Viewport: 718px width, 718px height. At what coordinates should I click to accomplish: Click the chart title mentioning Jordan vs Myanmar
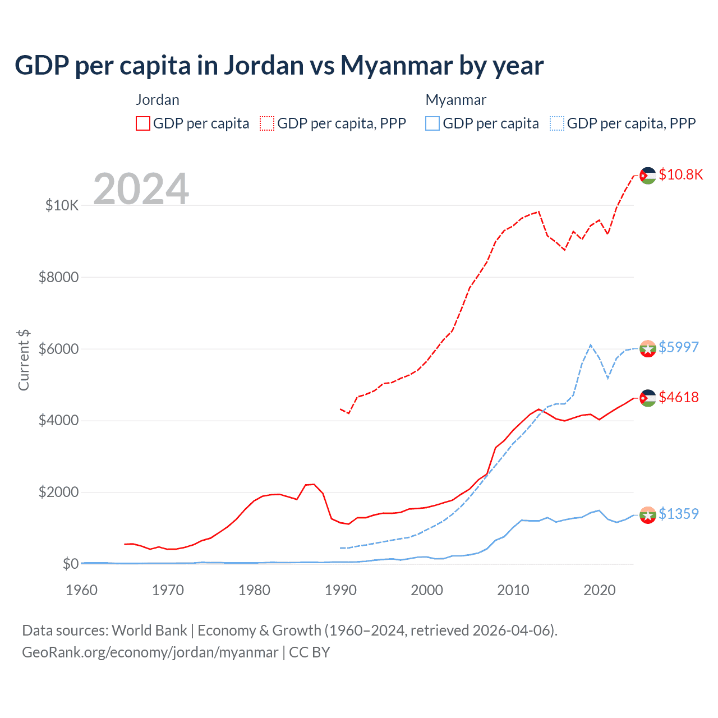[x=279, y=66]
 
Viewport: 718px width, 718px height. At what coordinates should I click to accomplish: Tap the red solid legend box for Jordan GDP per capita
[x=143, y=123]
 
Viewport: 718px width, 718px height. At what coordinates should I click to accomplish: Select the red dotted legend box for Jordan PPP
[x=267, y=123]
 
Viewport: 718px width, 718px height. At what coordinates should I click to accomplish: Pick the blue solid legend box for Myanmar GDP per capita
[x=432, y=123]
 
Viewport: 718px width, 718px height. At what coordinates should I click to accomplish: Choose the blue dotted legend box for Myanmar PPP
[x=557, y=123]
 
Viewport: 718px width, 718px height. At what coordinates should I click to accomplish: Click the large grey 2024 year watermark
[x=141, y=189]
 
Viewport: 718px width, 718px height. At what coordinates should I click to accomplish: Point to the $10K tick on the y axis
[x=62, y=205]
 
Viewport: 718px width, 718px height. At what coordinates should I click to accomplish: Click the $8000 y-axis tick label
[x=58, y=277]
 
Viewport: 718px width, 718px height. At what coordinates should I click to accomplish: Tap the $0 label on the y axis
[x=70, y=564]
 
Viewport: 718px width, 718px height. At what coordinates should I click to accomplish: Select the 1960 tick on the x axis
[x=82, y=590]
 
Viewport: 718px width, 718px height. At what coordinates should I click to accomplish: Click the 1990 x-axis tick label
[x=340, y=590]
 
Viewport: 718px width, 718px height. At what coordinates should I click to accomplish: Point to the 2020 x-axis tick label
[x=600, y=590]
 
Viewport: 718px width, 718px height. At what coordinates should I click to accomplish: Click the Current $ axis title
[x=24, y=360]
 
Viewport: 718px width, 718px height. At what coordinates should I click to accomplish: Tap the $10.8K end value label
[x=680, y=174]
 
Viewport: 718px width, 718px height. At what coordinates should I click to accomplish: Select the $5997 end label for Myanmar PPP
[x=679, y=347]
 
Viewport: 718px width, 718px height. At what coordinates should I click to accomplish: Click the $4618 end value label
[x=679, y=397]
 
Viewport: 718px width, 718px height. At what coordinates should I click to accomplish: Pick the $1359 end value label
[x=679, y=514]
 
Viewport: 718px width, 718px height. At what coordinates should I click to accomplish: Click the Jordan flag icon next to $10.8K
[x=648, y=176]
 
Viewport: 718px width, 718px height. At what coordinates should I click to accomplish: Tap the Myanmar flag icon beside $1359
[x=648, y=514]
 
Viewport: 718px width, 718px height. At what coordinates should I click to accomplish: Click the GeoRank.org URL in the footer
[x=150, y=652]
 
